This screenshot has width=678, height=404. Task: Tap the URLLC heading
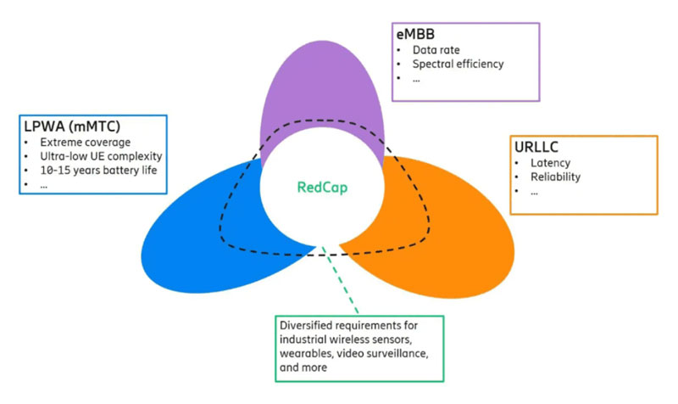click(536, 146)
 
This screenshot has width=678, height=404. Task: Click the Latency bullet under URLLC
click(550, 162)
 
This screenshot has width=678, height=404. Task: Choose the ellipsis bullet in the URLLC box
click(535, 192)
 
